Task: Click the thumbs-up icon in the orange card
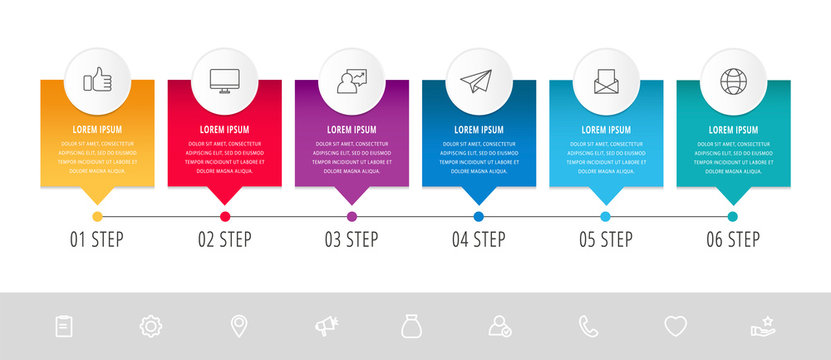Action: click(x=97, y=81)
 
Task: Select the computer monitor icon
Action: click(x=224, y=81)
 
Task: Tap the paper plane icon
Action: click(x=478, y=81)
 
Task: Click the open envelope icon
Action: click(x=605, y=81)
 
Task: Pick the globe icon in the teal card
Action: click(x=732, y=81)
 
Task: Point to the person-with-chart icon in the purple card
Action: click(x=351, y=81)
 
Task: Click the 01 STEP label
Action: click(x=97, y=239)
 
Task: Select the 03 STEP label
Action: click(x=351, y=239)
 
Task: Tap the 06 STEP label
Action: click(x=732, y=239)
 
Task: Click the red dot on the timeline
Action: click(x=224, y=216)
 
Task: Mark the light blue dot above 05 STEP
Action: click(x=605, y=216)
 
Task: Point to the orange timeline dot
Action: click(x=97, y=216)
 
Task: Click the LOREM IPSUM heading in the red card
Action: click(x=224, y=129)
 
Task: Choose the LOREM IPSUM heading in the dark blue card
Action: click(x=478, y=129)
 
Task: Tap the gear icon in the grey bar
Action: click(x=151, y=325)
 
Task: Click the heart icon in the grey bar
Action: click(x=676, y=325)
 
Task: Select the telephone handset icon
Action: click(x=588, y=325)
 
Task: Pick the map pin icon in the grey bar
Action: click(x=238, y=325)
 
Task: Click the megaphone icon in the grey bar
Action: click(x=325, y=325)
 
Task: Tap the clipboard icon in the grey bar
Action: click(x=64, y=325)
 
